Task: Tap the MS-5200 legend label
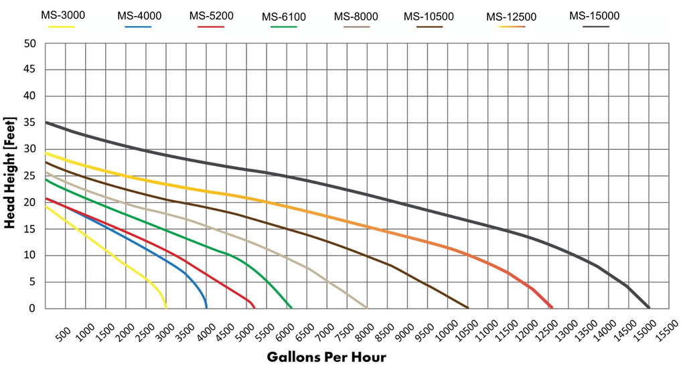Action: click(x=211, y=15)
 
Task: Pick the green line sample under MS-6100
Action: click(x=283, y=27)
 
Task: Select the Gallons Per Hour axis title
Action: click(x=326, y=357)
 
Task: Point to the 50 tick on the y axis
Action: click(x=29, y=44)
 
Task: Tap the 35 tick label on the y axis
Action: click(x=29, y=123)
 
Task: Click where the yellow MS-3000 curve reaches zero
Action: click(x=166, y=308)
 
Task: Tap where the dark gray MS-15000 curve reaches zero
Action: click(x=649, y=307)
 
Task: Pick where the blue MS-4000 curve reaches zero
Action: click(x=206, y=307)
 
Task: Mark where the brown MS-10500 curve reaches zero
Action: click(x=468, y=308)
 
